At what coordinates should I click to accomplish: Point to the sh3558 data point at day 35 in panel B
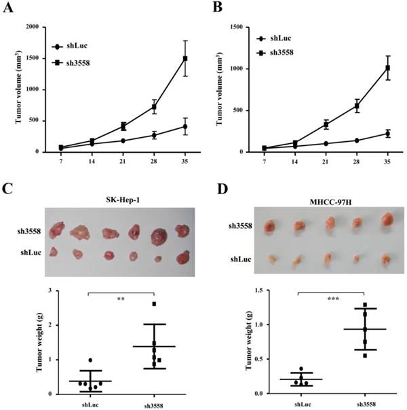coord(388,68)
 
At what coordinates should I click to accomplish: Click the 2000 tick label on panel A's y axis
coord(33,27)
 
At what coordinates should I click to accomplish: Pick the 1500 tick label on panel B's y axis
coord(237,27)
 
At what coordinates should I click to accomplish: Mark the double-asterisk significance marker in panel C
coord(120,298)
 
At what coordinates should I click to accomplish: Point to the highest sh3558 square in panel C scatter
coord(154,304)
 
